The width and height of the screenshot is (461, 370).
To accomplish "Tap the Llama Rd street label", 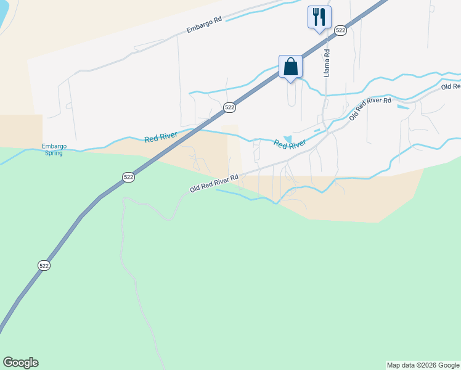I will click(327, 63).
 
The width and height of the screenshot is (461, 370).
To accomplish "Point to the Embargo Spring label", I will click(54, 149).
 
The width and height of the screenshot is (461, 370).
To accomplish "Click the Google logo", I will click(20, 363).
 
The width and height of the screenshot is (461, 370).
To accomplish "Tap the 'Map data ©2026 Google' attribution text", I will click(423, 365).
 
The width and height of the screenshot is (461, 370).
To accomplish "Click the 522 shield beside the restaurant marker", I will click(340, 30).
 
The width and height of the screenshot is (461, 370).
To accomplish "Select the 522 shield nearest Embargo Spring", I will click(128, 177).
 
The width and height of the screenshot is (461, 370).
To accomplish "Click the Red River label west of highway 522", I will click(161, 136).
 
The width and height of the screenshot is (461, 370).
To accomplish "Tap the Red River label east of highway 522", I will click(290, 144).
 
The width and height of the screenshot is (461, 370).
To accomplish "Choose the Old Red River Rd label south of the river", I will click(214, 184).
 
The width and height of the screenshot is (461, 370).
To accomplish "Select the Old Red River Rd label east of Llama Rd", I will click(370, 109).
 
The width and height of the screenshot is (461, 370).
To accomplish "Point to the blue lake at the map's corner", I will click(3, 15).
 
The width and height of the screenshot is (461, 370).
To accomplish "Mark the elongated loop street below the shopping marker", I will click(292, 94).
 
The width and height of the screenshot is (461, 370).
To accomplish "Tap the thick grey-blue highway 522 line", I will click(80, 216).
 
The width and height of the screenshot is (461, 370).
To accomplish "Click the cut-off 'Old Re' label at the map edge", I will click(451, 87).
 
